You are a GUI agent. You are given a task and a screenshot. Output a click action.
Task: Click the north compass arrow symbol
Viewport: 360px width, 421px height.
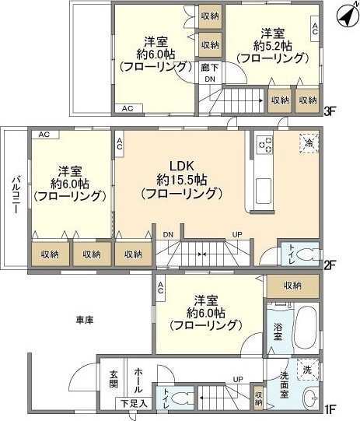tap(345, 13)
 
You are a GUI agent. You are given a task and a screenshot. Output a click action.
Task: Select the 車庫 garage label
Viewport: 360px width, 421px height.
tap(86, 320)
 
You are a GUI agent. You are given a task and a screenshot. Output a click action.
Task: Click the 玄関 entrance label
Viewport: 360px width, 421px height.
tap(114, 378)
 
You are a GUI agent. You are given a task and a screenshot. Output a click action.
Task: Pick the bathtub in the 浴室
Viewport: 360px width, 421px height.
tap(304, 325)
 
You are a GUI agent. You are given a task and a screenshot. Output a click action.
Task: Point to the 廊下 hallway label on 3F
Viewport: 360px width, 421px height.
tap(210, 68)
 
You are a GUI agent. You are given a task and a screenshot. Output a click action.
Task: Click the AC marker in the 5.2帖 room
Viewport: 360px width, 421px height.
tap(314, 30)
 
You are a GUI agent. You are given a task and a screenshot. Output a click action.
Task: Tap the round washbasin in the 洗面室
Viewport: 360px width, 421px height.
tap(310, 395)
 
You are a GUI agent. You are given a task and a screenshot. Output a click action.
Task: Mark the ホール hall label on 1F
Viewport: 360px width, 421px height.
tap(137, 378)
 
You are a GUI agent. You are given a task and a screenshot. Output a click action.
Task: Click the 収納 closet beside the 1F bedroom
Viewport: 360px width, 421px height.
tap(292, 286)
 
